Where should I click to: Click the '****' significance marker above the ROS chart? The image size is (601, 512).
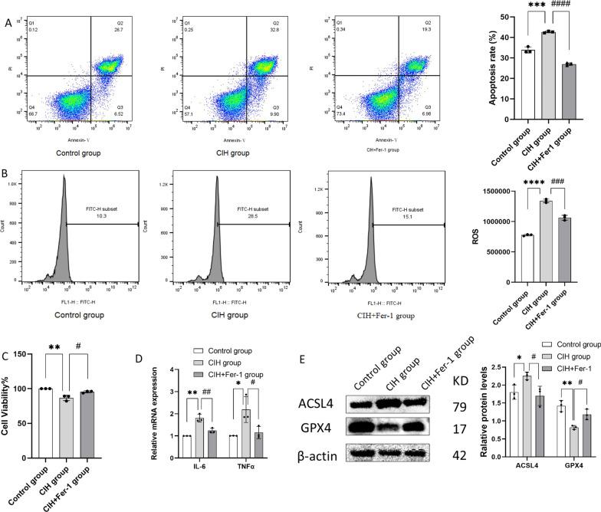527,183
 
